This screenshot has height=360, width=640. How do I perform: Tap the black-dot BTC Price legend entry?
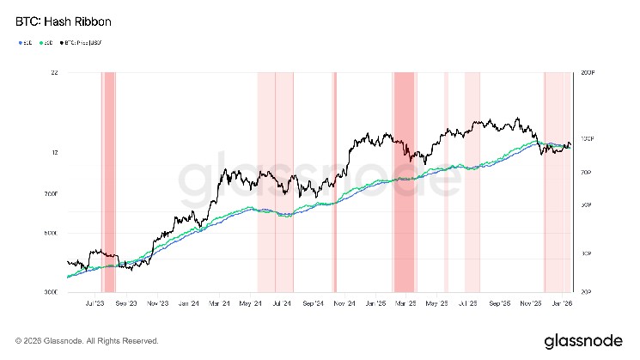tap(79, 41)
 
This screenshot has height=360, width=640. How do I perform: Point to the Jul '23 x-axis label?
tap(95, 303)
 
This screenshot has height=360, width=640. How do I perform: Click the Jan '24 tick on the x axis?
tap(191, 303)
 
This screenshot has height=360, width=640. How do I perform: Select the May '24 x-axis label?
tap(252, 303)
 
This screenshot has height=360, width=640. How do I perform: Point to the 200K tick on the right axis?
tap(588, 74)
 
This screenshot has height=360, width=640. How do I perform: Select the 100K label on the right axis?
tap(588, 138)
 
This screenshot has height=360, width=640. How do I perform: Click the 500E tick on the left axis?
tap(50, 233)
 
